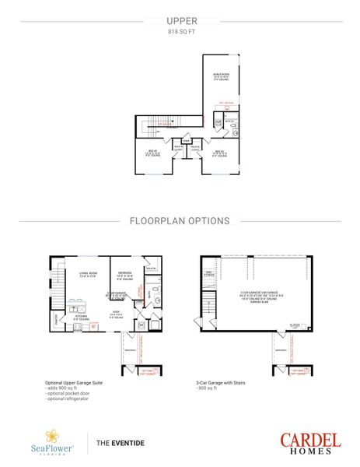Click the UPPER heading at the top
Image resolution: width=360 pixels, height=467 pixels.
180,22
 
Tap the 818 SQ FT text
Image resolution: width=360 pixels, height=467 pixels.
180,33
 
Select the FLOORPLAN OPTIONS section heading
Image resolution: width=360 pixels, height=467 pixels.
180,220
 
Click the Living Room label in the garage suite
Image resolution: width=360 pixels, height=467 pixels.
87,275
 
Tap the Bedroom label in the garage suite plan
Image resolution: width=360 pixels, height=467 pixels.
125,274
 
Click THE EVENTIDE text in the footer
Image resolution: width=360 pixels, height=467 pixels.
121,443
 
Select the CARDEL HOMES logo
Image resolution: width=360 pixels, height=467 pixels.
309,442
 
